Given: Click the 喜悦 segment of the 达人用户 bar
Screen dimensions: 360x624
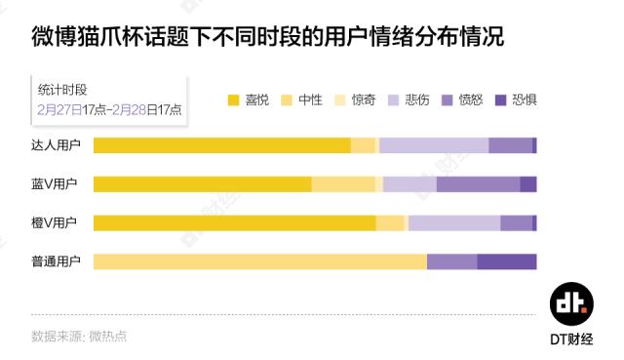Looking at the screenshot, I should (x=221, y=146).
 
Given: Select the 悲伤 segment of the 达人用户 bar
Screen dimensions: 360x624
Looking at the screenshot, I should (x=434, y=146).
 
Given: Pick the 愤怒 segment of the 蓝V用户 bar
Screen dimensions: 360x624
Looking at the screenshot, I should (x=478, y=184).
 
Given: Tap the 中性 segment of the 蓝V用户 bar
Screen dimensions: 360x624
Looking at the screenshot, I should (x=342, y=184).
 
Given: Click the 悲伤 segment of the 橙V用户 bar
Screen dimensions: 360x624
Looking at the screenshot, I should (x=454, y=223).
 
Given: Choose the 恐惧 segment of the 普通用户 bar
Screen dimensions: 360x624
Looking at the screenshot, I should (x=507, y=261).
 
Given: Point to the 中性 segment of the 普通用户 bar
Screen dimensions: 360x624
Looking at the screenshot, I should (x=259, y=261).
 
